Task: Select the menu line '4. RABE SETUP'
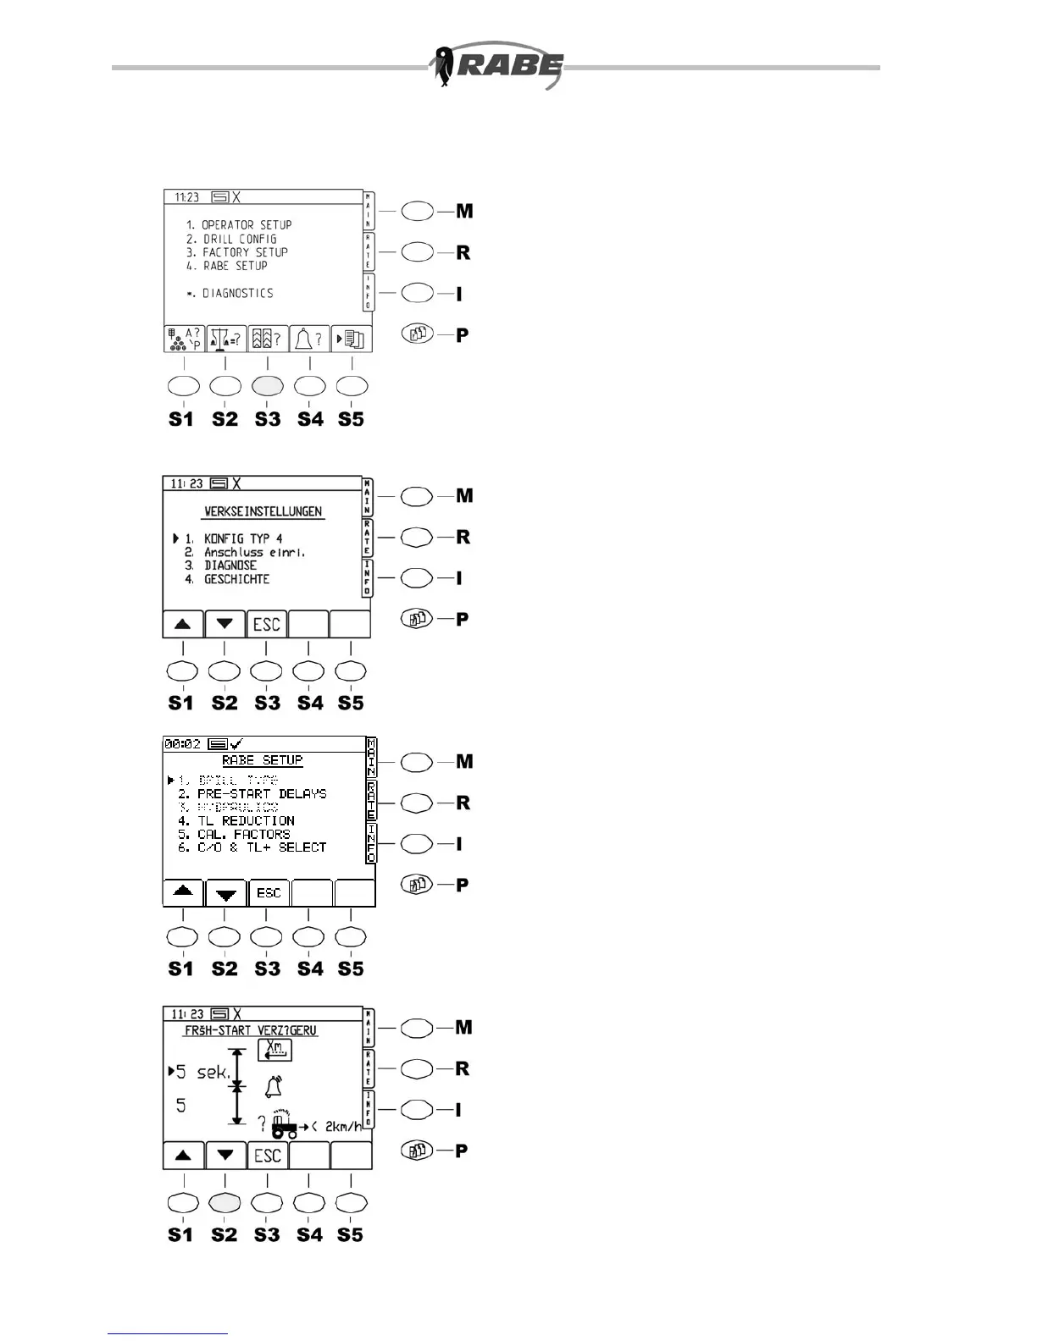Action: [x=226, y=266]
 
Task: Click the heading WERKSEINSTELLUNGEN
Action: [x=263, y=512]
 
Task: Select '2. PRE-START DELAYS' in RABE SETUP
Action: [x=252, y=794]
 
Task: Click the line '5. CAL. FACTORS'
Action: [x=234, y=834]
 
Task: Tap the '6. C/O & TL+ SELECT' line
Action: [x=252, y=847]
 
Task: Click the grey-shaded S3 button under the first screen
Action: [x=268, y=386]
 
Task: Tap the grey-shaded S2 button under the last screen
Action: [x=225, y=1202]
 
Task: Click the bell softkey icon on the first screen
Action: [x=309, y=339]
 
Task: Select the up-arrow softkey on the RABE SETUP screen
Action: [x=183, y=892]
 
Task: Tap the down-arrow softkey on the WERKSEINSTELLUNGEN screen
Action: [x=225, y=625]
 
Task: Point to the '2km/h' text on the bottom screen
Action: [x=343, y=1127]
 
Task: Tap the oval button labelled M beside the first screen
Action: [x=417, y=212]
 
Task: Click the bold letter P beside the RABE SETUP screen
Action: [x=463, y=886]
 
